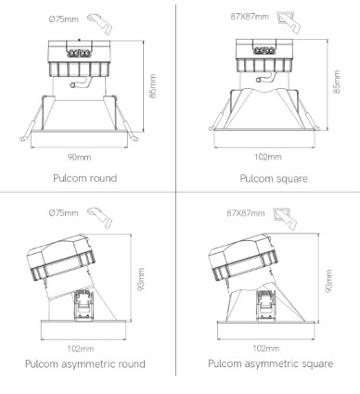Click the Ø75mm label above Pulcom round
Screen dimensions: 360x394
coord(64,19)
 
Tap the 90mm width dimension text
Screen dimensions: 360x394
coord(80,158)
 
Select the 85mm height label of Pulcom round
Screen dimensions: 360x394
coord(153,86)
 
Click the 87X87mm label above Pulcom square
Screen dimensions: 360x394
coord(250,17)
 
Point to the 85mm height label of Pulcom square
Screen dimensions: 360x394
coord(337,82)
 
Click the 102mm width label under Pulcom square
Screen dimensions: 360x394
coord(268,157)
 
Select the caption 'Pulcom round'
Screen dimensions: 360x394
coord(85,178)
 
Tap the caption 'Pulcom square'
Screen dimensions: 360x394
coord(274,179)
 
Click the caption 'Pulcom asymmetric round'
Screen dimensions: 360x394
coord(85,363)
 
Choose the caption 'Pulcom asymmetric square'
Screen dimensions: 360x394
coord(271,363)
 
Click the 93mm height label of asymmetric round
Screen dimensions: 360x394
coord(141,279)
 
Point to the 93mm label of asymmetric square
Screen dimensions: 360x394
coord(328,281)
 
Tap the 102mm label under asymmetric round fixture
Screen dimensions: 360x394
coord(81,349)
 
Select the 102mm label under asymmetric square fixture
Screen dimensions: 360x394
coord(266,349)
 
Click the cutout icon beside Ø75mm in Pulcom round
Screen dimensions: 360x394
coord(99,23)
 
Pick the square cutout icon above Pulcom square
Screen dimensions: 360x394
coord(289,22)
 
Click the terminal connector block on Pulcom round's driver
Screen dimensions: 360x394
coord(79,54)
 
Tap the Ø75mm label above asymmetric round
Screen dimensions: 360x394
coord(64,213)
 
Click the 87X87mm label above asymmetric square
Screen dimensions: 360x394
coord(246,213)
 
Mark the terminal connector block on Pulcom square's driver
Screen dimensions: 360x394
coord(264,51)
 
